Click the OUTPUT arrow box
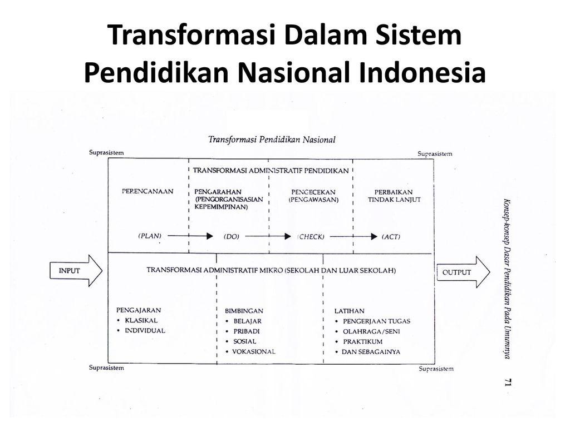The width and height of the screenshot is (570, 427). (x=462, y=272)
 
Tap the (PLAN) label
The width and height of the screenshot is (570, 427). (x=150, y=236)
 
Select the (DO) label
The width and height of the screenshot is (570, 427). (x=231, y=236)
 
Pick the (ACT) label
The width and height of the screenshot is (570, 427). (x=391, y=236)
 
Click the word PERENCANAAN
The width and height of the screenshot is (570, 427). (x=148, y=191)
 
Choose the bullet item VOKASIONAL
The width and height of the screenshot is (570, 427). (x=254, y=351)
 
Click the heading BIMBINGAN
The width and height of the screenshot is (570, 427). (x=244, y=311)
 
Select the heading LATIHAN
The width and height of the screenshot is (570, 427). (x=350, y=311)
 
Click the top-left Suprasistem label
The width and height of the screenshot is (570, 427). (x=107, y=152)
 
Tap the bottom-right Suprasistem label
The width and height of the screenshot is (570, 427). (x=435, y=369)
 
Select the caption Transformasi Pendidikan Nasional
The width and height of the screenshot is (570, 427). (x=272, y=139)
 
